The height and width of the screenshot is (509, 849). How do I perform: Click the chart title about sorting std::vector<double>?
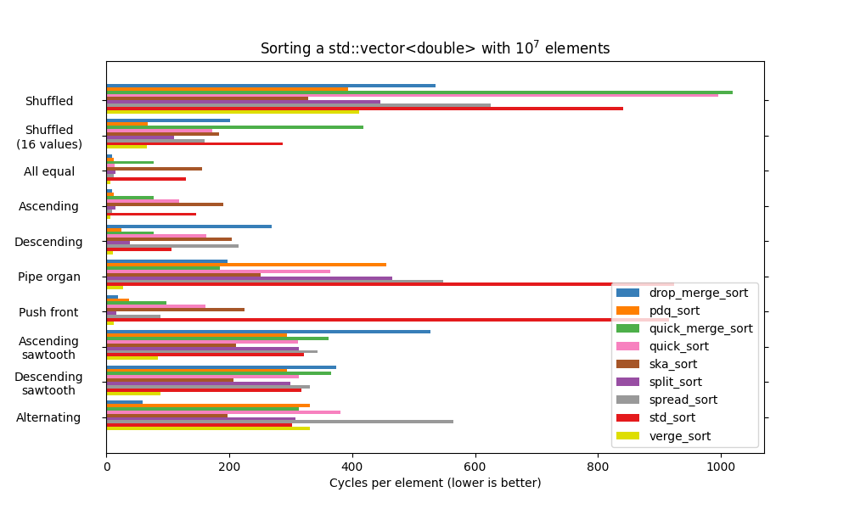[x=435, y=48]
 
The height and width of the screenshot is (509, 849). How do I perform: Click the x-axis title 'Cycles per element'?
[x=435, y=483]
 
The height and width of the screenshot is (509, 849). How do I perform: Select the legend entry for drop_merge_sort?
[x=698, y=293]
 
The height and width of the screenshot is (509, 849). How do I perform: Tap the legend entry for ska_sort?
[x=684, y=364]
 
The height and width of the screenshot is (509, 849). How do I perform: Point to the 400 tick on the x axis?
[x=352, y=466]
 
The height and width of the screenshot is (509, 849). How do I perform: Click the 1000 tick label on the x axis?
[x=721, y=466]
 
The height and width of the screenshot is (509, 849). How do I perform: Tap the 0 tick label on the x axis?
[x=106, y=466]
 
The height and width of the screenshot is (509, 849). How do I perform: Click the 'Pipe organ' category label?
[x=49, y=277]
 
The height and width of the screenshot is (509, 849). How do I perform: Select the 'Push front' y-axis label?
[x=48, y=312]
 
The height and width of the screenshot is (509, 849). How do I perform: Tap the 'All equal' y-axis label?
[x=49, y=171]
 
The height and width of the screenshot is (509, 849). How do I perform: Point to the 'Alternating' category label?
[x=48, y=417]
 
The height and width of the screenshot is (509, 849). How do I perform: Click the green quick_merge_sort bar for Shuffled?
[x=419, y=92]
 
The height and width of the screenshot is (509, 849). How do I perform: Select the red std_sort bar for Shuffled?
[x=364, y=108]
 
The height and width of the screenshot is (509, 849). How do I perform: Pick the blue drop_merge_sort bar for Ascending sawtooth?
[x=268, y=332]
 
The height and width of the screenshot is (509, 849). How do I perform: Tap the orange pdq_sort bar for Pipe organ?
[x=246, y=265]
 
